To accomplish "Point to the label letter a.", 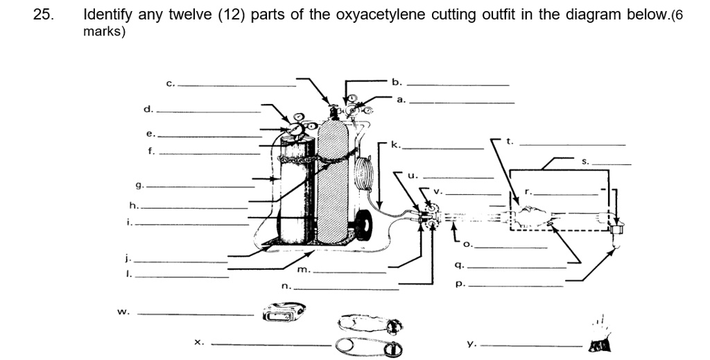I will pyautogui.click(x=400, y=100).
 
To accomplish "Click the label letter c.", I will pyautogui.click(x=170, y=83).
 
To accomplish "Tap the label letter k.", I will pyautogui.click(x=395, y=145).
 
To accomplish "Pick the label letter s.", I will pyautogui.click(x=585, y=161).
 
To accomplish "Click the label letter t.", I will pyautogui.click(x=510, y=142).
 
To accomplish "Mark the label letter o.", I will pyautogui.click(x=467, y=244).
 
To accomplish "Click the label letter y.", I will pyautogui.click(x=471, y=343).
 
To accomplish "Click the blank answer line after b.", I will pyautogui.click(x=458, y=85).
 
